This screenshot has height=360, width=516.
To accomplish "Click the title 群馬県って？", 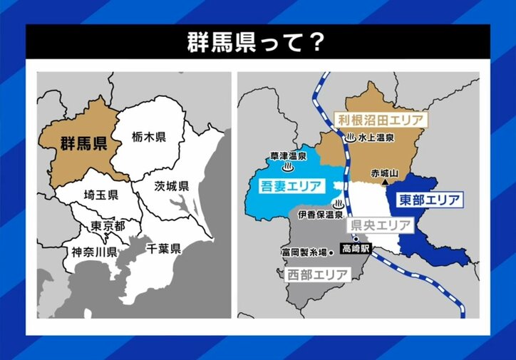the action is tap(257, 41).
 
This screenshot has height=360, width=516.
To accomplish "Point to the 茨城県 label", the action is tap(172, 186).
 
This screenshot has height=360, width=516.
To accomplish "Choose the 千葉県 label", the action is tap(163, 248).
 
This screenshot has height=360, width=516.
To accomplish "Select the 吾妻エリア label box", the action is tap(287, 187).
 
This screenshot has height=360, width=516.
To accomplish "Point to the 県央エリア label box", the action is tap(380, 225).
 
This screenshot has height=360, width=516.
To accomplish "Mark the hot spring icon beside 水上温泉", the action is tap(350, 138).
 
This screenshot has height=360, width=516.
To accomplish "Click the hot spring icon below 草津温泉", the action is tap(288, 168).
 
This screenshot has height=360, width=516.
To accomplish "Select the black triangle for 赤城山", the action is tap(385, 183).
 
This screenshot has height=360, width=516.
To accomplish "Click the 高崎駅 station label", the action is tap(356, 250).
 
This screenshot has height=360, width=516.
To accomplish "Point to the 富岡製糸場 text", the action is tap(308, 252).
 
